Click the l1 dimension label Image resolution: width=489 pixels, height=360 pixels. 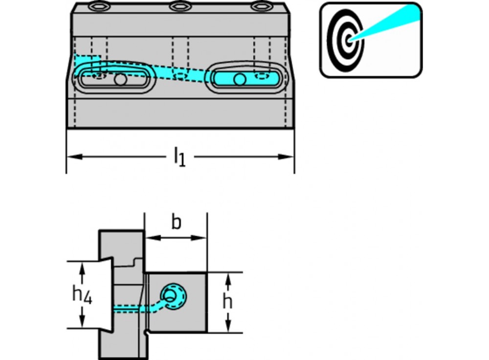(179, 157)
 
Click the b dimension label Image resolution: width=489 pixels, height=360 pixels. (176, 223)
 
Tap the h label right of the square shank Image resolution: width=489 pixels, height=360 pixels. (227, 302)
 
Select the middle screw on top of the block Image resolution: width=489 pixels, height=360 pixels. (178, 6)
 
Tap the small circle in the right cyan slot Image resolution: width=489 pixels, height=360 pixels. (239, 79)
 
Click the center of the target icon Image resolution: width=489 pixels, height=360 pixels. (348, 40)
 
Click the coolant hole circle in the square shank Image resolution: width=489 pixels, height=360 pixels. (171, 295)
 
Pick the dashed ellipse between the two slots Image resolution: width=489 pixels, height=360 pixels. (181, 75)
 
